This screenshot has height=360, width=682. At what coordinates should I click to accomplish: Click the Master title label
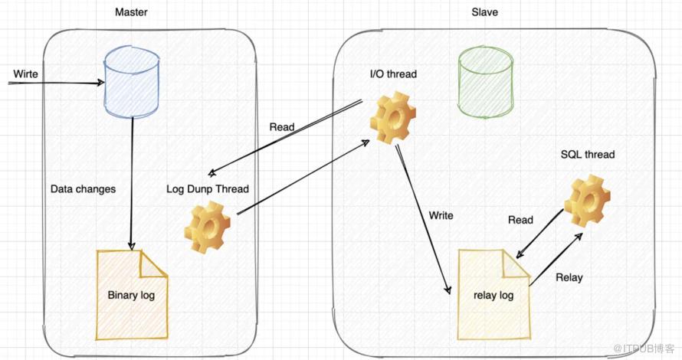[x=131, y=12]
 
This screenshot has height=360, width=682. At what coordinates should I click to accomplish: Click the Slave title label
[x=484, y=12]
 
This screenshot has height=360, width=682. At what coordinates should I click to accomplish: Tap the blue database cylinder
[x=131, y=83]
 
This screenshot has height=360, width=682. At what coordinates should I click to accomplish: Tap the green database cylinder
[x=485, y=83]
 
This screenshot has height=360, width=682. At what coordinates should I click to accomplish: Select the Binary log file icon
[x=131, y=294]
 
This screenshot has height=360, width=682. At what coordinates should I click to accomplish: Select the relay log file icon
[x=493, y=294]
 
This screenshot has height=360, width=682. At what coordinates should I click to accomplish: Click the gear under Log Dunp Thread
[x=208, y=228]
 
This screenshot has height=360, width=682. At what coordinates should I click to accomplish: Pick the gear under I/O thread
[x=393, y=117]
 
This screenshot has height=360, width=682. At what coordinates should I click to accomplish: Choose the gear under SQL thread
[x=587, y=201]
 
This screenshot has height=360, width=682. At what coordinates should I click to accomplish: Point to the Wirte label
[x=25, y=74]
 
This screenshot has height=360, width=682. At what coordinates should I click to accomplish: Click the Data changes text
[x=83, y=188]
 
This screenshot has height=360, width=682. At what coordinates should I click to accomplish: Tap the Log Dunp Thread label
[x=208, y=188]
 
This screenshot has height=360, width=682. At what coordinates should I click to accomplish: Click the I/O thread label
[x=393, y=74]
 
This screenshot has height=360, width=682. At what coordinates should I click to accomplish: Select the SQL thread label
[x=588, y=155]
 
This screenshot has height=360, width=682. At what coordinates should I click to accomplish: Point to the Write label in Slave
[x=441, y=215]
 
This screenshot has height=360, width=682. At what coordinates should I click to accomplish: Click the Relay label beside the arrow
[x=569, y=277]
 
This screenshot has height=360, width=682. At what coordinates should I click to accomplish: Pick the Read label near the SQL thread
[x=520, y=220]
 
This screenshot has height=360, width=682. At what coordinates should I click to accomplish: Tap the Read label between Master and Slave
[x=282, y=127]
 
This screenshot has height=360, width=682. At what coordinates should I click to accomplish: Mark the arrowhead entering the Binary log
[x=131, y=246]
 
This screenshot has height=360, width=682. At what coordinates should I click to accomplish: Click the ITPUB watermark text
[x=644, y=349]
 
